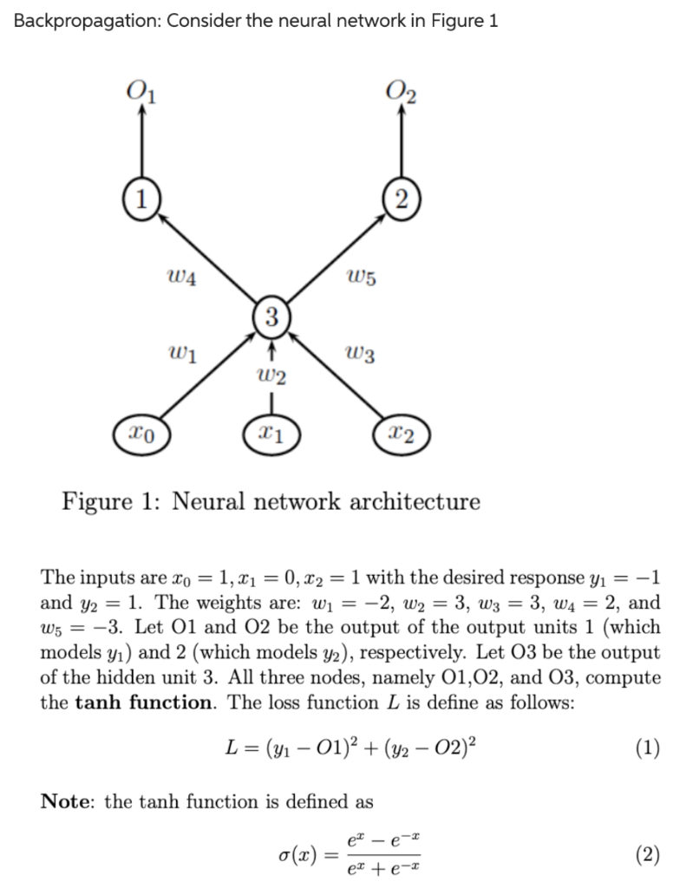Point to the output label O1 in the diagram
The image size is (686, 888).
(140, 89)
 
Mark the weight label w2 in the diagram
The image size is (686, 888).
(271, 375)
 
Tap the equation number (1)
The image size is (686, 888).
(646, 747)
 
